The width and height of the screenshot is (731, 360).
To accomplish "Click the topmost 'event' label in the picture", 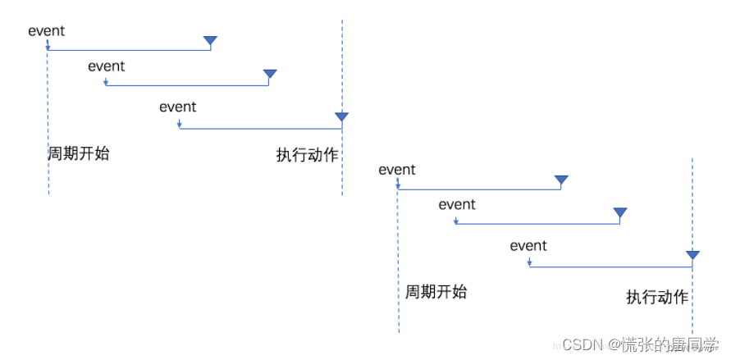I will (x=46, y=31).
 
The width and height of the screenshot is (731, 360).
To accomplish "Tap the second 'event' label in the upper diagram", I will (x=107, y=66).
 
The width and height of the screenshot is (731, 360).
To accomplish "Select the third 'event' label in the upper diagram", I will (x=178, y=107).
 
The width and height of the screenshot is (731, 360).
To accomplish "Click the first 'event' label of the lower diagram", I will (x=397, y=170).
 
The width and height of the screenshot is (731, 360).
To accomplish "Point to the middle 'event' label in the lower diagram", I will (x=457, y=204).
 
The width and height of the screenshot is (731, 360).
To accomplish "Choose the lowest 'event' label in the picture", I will (x=528, y=245).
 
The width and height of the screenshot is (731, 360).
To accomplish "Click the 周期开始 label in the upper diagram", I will (x=79, y=153).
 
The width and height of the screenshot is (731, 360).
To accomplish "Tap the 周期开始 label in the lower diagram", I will (x=436, y=292).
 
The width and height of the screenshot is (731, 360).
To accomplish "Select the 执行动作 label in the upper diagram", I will (x=307, y=155).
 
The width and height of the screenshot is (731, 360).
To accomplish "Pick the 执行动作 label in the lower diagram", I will (x=657, y=298).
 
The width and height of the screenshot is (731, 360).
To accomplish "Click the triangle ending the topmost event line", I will (x=211, y=41).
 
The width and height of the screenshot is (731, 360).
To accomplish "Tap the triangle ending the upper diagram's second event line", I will (x=270, y=75).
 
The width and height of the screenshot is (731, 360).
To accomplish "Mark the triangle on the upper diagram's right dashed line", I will (x=341, y=117).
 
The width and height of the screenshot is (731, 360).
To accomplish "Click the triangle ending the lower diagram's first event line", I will (x=561, y=180).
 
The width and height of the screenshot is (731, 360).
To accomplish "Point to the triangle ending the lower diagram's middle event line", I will (x=620, y=214).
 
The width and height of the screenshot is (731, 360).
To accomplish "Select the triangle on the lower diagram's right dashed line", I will (x=692, y=255).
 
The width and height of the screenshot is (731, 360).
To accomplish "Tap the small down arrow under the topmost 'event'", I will (x=48, y=46).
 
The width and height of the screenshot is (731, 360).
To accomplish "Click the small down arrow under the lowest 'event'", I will (x=530, y=262).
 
